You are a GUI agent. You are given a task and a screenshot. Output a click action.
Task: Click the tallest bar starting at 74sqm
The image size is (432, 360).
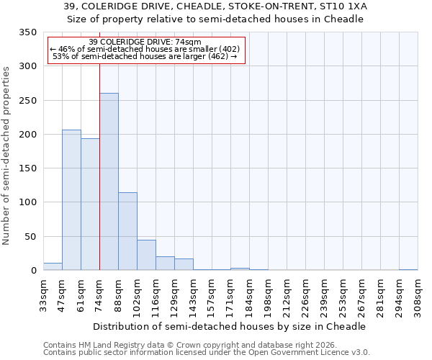click(109, 181)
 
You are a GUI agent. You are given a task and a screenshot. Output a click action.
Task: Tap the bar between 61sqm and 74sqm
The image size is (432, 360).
click(90, 204)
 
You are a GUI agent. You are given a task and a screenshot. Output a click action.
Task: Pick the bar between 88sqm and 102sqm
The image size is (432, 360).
click(127, 231)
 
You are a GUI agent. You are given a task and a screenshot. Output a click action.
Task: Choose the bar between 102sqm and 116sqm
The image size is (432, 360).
click(146, 255)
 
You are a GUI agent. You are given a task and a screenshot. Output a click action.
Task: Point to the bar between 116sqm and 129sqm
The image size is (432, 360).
click(165, 264)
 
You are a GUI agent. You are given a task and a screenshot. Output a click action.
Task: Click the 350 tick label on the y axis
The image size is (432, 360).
click(27, 32)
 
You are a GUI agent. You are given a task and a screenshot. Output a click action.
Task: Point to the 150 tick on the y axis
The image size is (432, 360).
click(27, 168)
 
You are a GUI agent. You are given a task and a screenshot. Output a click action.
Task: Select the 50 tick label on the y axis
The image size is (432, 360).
click(30, 236)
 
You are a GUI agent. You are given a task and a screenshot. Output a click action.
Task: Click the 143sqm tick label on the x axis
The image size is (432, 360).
click(193, 297)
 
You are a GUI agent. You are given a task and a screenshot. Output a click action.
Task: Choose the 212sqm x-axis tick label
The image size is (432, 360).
click(287, 297)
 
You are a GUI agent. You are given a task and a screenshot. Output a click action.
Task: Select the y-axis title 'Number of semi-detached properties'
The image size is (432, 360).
click(7, 155)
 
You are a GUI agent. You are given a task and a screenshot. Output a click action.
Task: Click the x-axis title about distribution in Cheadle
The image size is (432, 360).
click(230, 326)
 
